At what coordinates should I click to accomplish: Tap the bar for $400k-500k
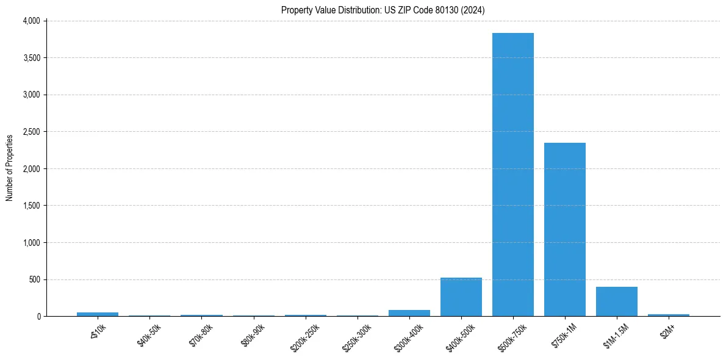[x=461, y=297]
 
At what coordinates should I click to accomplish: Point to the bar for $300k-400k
[x=409, y=313]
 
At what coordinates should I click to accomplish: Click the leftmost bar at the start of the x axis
[x=98, y=314]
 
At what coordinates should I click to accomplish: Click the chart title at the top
[x=383, y=10]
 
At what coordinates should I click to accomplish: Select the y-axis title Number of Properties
[x=10, y=168]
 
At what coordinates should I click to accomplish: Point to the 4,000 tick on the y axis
[x=31, y=21]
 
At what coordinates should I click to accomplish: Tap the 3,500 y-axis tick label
[x=31, y=58]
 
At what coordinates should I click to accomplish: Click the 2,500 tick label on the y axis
[x=31, y=132]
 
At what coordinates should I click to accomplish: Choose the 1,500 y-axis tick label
[x=31, y=206]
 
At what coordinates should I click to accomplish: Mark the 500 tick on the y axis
[x=34, y=279]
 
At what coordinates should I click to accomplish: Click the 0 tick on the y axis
[x=38, y=317]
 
